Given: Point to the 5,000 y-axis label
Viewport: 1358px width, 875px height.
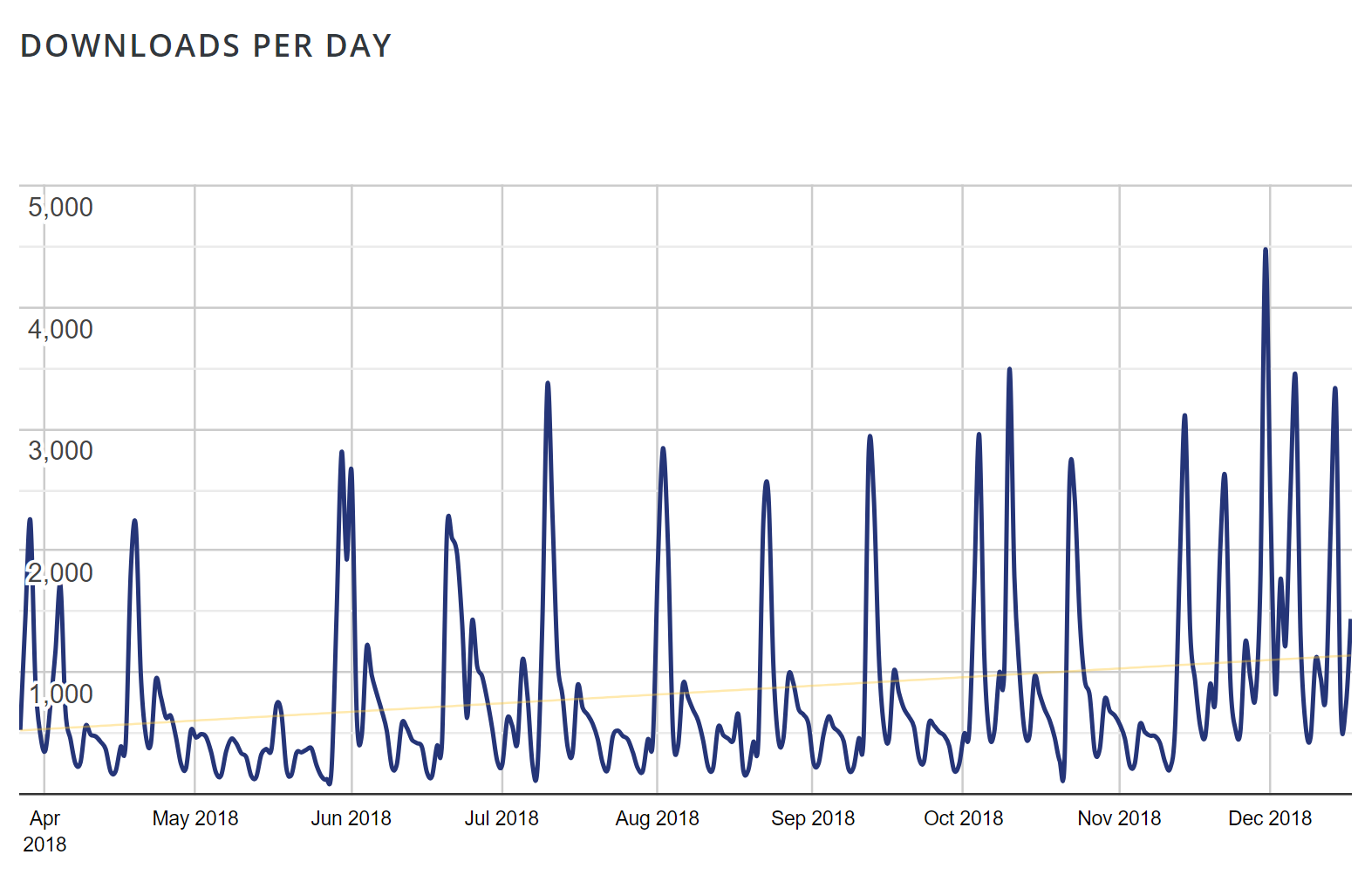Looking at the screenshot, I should click(60, 208).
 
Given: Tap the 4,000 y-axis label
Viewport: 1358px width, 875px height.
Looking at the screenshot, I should click(60, 330).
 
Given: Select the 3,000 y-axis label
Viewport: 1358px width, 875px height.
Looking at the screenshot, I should click(60, 451).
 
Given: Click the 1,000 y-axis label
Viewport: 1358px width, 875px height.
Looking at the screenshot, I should click(60, 694).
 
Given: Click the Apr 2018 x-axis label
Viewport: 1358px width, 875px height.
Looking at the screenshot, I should click(44, 831).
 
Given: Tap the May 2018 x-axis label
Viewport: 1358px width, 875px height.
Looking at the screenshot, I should click(195, 818).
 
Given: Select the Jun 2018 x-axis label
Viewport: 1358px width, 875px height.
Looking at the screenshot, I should click(351, 818).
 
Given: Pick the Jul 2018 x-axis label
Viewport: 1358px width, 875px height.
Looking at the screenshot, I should click(502, 818).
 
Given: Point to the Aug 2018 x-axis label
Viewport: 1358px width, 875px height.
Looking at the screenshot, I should click(658, 818).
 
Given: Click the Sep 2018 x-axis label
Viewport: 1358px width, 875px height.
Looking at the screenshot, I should click(813, 818).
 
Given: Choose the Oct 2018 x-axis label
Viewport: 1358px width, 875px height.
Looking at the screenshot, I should click(964, 818).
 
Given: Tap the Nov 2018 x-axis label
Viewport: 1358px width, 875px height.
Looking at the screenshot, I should click(1120, 818).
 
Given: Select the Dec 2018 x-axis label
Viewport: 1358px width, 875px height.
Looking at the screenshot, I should click(1270, 818).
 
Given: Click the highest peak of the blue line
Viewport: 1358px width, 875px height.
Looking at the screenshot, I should click(1266, 250).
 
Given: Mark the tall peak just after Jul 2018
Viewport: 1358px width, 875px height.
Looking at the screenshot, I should click(548, 384).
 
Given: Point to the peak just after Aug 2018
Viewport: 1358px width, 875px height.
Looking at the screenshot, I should click(664, 449).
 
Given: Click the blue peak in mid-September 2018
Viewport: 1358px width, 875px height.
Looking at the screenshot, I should click(870, 437).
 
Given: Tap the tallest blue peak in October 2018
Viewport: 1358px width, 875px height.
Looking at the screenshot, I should click(1010, 370).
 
